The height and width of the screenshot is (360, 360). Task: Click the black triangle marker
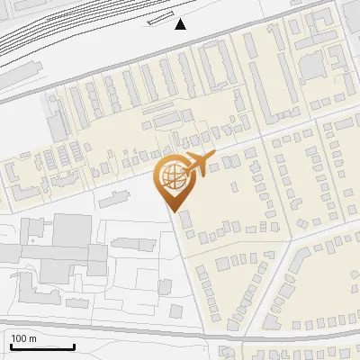(181, 24)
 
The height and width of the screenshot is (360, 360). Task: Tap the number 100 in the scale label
(19, 338)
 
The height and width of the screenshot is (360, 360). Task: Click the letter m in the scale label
(32, 338)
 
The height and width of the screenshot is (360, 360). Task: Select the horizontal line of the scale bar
(42, 347)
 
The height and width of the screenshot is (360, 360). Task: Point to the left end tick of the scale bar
(11, 345)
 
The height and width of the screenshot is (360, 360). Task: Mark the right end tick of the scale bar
(74, 345)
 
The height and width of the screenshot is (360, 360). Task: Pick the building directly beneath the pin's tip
(185, 220)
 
